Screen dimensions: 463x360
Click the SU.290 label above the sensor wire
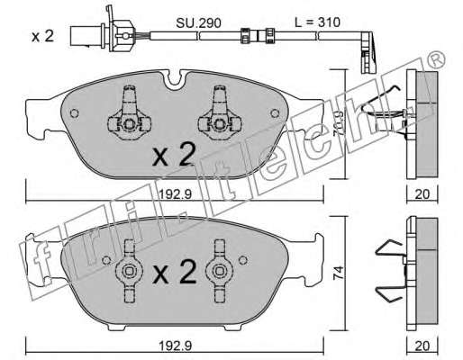(x=198, y=22)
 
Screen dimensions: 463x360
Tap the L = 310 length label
(x=317, y=22)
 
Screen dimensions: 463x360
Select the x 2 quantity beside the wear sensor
(x=43, y=37)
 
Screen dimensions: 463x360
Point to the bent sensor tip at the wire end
(x=368, y=52)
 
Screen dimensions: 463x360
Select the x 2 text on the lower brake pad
(x=174, y=272)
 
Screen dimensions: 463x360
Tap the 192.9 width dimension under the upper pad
(x=175, y=194)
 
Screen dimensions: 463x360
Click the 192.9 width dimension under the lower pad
(x=175, y=346)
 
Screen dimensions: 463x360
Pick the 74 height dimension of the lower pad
(x=339, y=274)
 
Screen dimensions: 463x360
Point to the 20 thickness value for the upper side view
(x=422, y=194)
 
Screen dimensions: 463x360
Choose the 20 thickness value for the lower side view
(x=422, y=346)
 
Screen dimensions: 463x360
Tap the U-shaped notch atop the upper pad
(x=176, y=80)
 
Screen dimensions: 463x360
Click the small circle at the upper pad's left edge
(x=74, y=113)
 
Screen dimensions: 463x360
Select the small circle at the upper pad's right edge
(x=275, y=113)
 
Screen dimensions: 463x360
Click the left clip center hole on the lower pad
(x=130, y=271)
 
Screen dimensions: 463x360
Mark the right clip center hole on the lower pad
(x=220, y=271)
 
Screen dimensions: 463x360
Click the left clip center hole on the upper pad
(x=130, y=124)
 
